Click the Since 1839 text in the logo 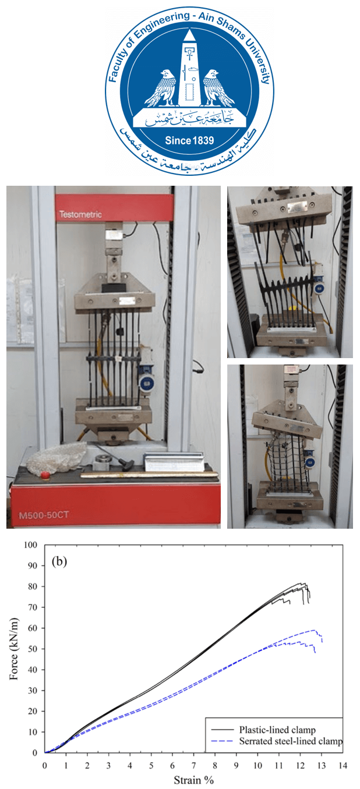click(x=189, y=140)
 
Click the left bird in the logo click(x=162, y=88)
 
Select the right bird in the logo click(x=218, y=88)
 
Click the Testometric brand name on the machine click(x=80, y=214)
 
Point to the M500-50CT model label click(x=44, y=515)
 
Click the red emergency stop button click(x=45, y=475)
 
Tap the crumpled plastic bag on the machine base click(x=57, y=457)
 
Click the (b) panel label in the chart click(x=59, y=561)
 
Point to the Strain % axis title click(x=194, y=780)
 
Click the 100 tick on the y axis click(x=31, y=545)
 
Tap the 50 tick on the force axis click(x=33, y=649)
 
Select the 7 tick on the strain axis click(x=194, y=765)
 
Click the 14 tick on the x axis click(x=343, y=765)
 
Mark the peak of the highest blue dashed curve click(x=314, y=630)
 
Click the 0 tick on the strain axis click(x=45, y=765)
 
